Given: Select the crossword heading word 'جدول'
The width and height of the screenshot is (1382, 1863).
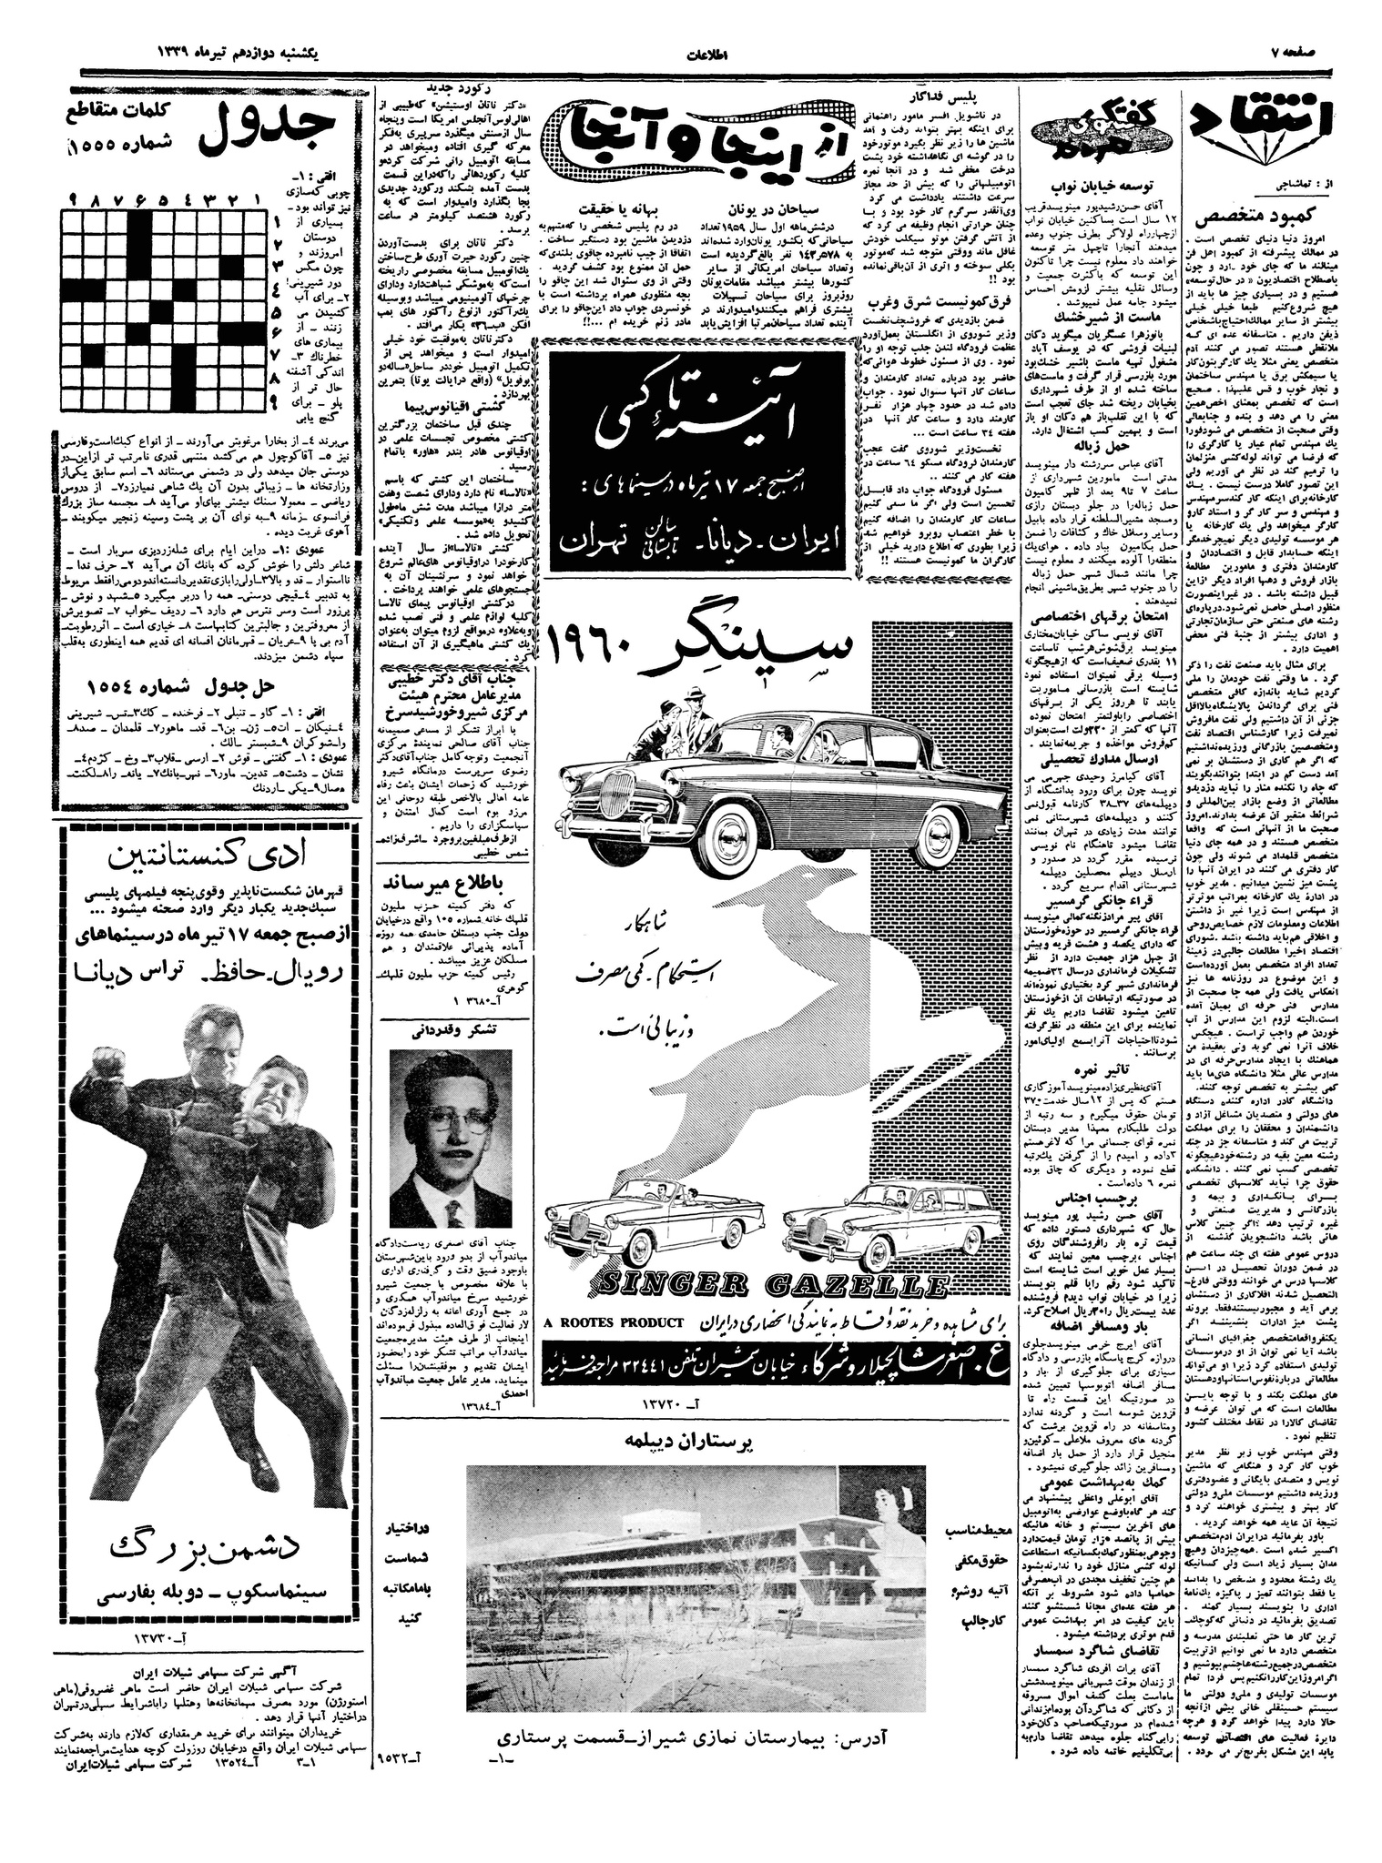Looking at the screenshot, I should (264, 131).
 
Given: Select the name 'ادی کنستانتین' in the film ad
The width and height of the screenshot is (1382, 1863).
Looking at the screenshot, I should (208, 856).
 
